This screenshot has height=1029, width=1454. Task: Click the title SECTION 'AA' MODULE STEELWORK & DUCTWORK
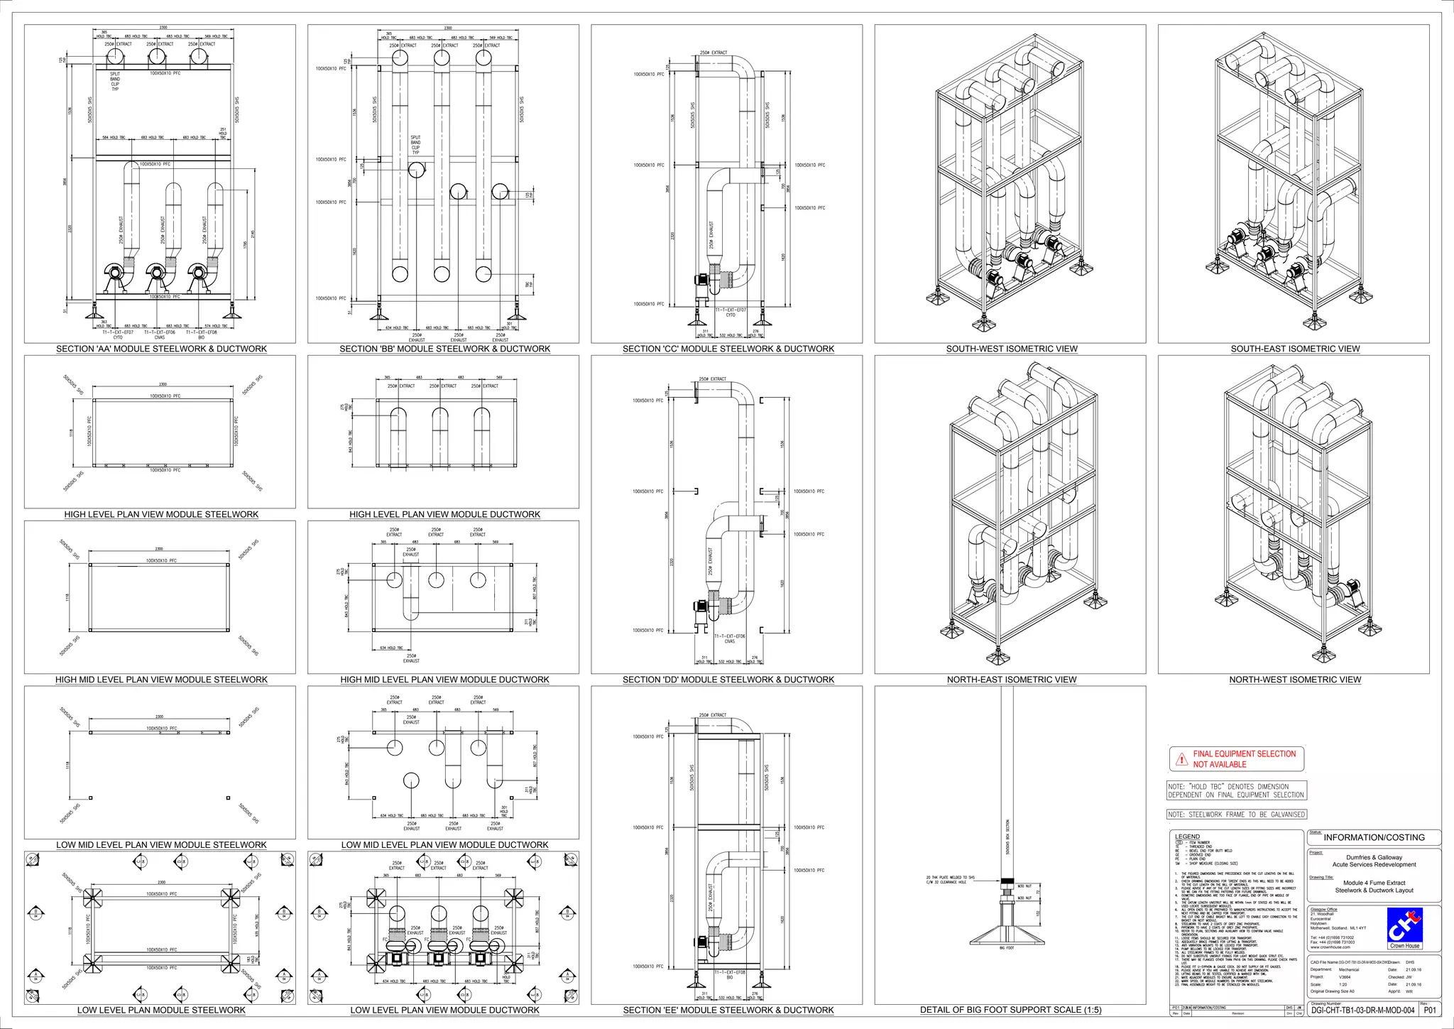161,349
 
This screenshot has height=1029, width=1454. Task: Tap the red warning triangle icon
1181,760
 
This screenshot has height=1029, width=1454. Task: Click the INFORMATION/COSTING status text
1374,837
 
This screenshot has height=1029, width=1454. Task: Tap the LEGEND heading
1187,837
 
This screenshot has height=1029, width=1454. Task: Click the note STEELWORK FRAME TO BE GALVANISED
1237,815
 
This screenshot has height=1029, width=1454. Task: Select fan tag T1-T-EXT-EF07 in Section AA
118,332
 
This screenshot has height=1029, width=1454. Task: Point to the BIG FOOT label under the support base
1007,948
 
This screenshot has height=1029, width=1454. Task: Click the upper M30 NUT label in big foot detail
1024,886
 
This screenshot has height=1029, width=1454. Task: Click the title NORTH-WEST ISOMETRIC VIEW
1295,680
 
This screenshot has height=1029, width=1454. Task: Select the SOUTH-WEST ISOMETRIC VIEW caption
1011,349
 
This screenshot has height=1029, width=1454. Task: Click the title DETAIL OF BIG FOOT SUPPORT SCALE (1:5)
1010,1010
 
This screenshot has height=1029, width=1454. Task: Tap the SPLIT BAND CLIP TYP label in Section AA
115,81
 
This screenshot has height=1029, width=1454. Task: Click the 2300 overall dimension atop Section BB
448,28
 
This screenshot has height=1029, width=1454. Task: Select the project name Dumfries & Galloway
1374,857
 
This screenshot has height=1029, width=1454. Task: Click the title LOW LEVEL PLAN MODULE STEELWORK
161,1010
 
